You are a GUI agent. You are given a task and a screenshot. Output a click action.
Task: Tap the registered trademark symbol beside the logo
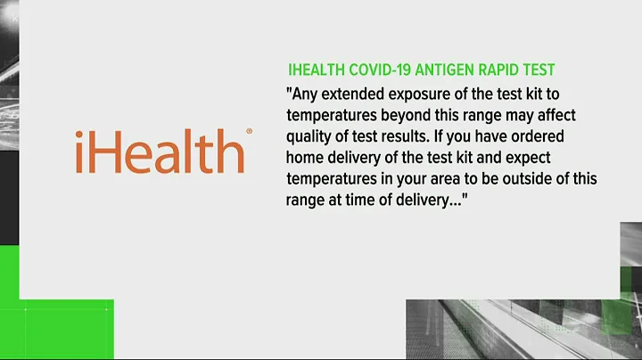pos(249,131)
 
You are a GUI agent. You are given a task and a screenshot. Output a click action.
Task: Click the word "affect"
pos(565,116)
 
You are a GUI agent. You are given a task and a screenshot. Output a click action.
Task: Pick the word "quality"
pos(309,137)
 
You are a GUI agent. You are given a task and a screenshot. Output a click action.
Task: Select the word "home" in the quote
pos(306,158)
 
